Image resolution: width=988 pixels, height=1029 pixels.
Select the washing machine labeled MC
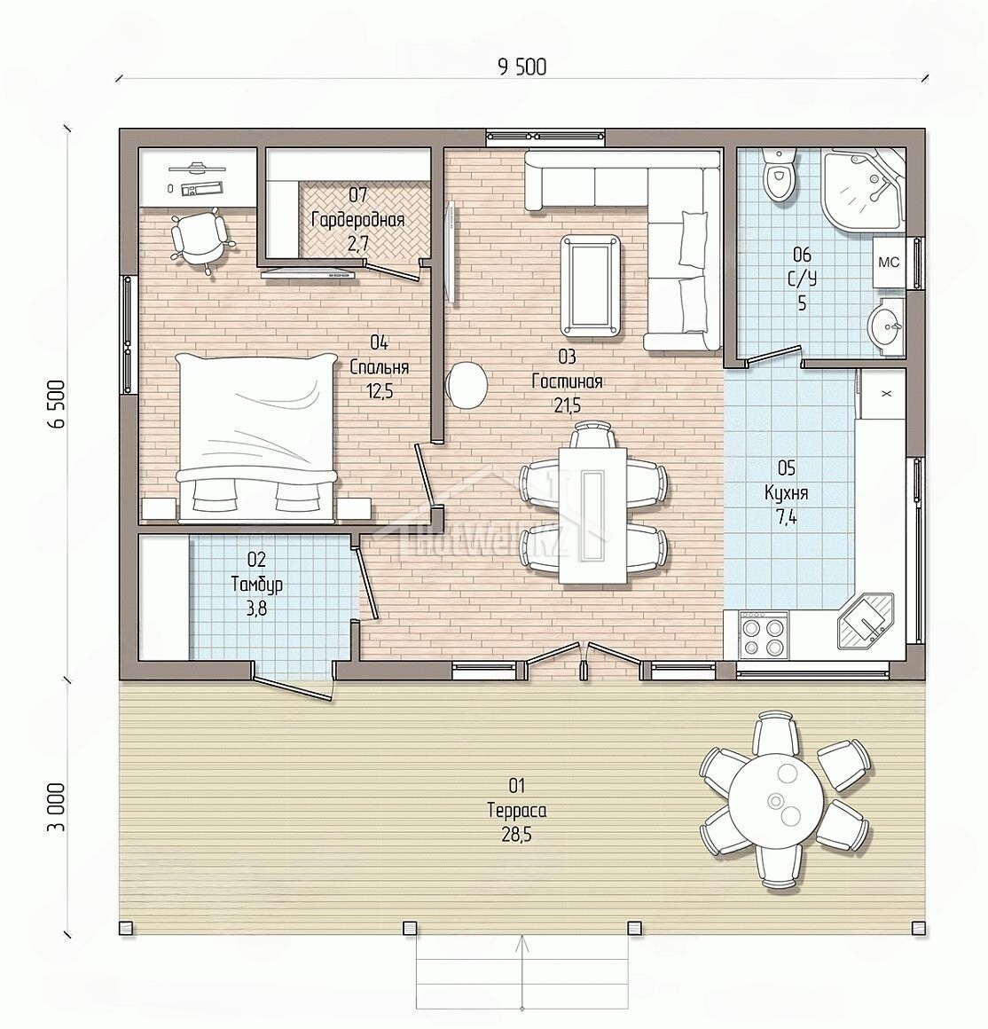(x=889, y=263)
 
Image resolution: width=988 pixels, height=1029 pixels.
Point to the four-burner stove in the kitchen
(x=764, y=634)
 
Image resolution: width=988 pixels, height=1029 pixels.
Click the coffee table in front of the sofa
(x=590, y=287)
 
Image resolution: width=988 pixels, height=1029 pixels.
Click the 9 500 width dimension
(x=522, y=67)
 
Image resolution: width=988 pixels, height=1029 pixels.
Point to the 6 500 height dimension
(x=59, y=404)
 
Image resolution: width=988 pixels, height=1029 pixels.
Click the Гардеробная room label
(x=357, y=220)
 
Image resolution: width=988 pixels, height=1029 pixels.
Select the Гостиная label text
(x=568, y=381)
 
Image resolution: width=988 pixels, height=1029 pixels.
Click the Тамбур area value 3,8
(x=256, y=609)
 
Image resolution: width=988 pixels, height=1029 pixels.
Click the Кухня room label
(x=787, y=493)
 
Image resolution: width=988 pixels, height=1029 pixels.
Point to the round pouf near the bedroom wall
(x=467, y=386)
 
